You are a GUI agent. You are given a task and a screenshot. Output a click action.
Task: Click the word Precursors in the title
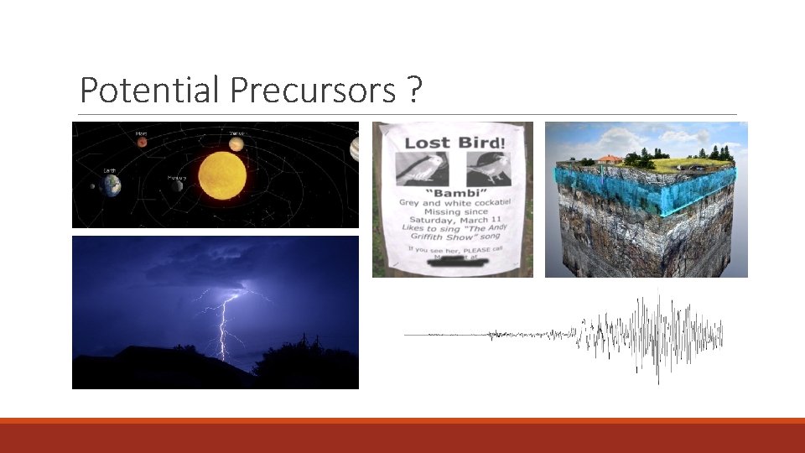311,90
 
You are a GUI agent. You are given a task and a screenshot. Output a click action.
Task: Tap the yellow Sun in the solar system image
222,176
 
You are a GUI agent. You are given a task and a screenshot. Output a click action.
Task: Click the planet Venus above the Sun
236,143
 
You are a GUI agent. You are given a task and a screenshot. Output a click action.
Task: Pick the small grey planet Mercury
177,185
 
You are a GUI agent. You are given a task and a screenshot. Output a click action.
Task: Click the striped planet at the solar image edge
355,148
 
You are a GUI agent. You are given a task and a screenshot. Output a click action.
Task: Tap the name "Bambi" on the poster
453,194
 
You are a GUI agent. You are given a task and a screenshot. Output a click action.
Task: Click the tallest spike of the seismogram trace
657,336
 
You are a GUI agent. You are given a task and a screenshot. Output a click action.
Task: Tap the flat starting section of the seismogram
444,335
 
